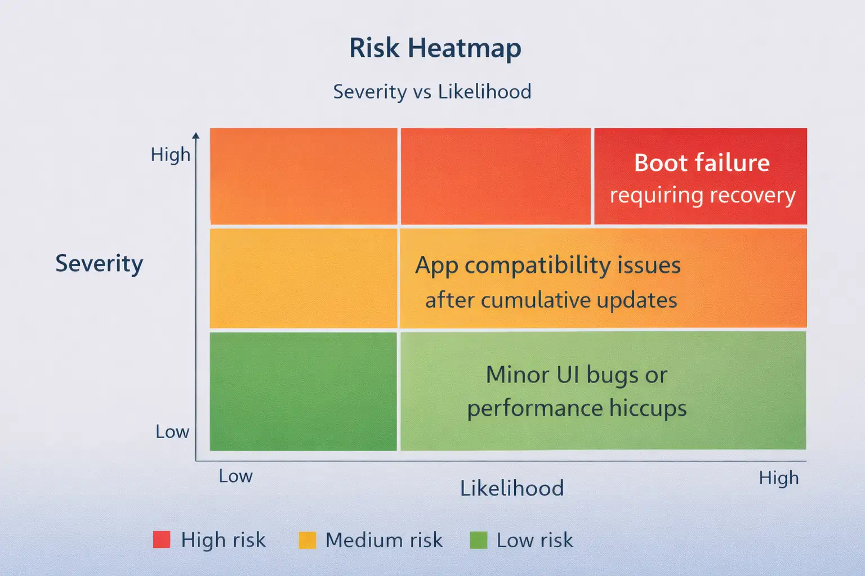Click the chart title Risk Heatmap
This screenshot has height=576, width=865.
pos(435,48)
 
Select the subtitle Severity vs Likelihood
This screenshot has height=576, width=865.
pos(432,92)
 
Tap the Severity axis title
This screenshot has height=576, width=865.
pos(99,264)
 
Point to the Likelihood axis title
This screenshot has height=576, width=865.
pos(512,488)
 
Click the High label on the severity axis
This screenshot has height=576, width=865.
pos(170,155)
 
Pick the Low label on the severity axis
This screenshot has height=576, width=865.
pos(172,431)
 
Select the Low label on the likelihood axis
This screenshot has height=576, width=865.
pos(235,476)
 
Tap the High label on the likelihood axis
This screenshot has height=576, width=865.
pos(778,478)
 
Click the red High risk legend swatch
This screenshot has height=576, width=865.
pos(162,539)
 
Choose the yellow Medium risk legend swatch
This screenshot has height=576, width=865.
pos(307,540)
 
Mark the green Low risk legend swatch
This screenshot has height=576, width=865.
pos(479,540)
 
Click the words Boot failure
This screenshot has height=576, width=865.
pos(702,163)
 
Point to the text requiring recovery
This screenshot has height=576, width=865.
pos(702,196)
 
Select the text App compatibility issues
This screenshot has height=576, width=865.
pos(547,266)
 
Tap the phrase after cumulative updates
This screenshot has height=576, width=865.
pos(551,300)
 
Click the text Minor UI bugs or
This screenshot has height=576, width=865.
pos(577,375)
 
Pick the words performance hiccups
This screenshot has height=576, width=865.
pos(577,408)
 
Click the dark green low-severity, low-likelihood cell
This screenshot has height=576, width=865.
pos(303,391)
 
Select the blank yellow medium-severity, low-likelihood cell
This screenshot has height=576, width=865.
pos(304,278)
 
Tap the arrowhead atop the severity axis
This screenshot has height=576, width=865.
pos(196,136)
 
